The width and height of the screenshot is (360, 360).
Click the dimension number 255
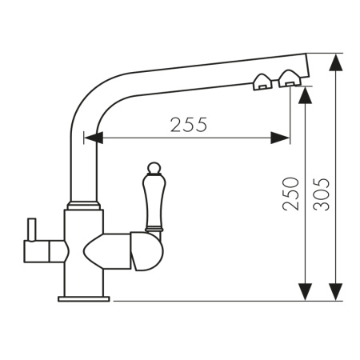[189, 125]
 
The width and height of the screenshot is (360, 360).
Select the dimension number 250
[290, 194]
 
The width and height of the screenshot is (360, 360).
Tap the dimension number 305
[322, 194]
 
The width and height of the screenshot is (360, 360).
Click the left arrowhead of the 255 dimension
[94, 138]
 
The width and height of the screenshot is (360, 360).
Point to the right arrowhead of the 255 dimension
[280, 138]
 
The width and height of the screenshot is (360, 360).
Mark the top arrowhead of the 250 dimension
[305, 95]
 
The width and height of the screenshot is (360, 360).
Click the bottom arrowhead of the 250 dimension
[305, 292]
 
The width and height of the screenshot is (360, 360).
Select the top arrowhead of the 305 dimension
[336, 62]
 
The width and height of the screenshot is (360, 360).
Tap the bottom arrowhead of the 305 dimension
[336, 292]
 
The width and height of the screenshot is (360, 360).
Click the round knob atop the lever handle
[154, 168]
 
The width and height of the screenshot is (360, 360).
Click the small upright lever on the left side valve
[32, 230]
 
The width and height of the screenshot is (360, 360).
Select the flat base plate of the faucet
[84, 298]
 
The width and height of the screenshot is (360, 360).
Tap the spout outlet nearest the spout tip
[290, 79]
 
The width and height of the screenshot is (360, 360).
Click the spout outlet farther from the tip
[262, 82]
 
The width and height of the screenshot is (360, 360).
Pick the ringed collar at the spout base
[84, 205]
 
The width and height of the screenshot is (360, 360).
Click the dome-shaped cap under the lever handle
[146, 251]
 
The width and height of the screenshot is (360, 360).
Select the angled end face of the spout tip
[308, 66]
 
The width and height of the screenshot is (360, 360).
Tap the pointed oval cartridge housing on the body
[107, 251]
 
